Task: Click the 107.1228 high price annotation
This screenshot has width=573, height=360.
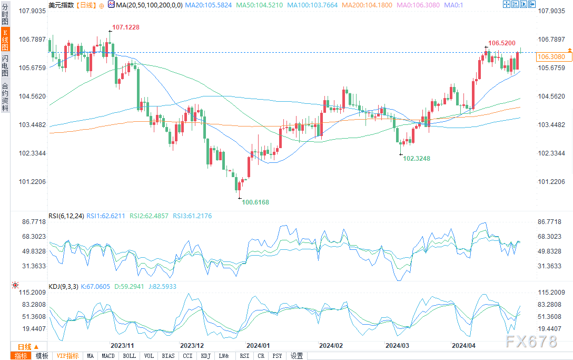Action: coord(125,27)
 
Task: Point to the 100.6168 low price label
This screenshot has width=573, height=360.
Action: coord(255,202)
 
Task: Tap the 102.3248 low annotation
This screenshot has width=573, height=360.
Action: coord(416,158)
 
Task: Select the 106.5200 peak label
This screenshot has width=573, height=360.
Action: coord(501,43)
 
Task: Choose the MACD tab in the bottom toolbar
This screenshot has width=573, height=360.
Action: coord(108,356)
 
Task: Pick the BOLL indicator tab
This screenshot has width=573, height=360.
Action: coord(129,356)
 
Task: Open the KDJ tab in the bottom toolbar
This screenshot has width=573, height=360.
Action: coord(205,356)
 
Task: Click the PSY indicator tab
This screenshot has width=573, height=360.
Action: coord(276,356)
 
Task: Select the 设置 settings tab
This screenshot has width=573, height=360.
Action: coord(297,356)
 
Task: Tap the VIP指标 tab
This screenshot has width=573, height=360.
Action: coord(67,356)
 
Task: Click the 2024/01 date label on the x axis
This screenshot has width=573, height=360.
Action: coord(258,346)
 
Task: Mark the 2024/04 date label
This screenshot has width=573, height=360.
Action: coord(465,346)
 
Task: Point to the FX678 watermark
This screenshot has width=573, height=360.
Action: coord(530,342)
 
